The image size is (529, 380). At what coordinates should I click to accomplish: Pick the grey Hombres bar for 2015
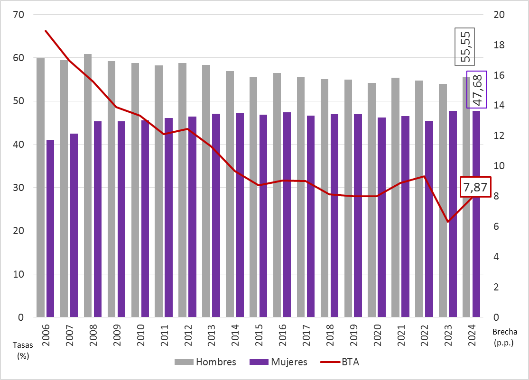pos(254,197)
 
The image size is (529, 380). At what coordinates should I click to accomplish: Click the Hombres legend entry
pos(205,362)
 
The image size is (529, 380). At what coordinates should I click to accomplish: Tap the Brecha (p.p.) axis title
pos(504,337)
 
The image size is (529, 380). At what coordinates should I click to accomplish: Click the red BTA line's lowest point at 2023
pos(448,222)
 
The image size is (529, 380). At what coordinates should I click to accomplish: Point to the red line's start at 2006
pos(46,31)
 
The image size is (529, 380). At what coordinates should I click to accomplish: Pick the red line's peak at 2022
pos(424,176)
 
